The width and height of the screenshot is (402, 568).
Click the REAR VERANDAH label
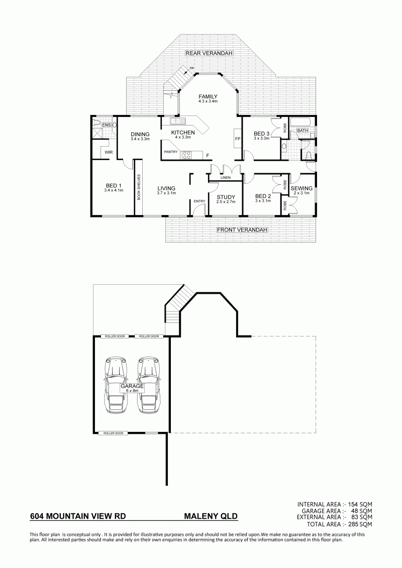click(x=209, y=53)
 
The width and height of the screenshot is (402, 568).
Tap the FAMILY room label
click(x=208, y=96)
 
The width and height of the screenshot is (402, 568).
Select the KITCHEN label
click(x=183, y=132)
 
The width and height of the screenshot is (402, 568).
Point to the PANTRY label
click(x=171, y=152)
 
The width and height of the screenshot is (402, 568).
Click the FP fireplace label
click(x=238, y=139)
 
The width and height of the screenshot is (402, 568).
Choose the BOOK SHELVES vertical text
click(x=139, y=187)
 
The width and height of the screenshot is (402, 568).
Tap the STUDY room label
click(x=226, y=197)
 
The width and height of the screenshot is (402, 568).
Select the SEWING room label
click(x=301, y=188)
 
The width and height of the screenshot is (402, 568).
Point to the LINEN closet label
click(x=226, y=177)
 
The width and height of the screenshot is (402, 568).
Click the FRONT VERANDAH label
click(x=242, y=230)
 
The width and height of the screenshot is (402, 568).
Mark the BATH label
click(x=303, y=131)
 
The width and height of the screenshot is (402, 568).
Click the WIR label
click(x=109, y=152)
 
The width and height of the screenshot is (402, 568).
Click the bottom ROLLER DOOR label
click(x=114, y=433)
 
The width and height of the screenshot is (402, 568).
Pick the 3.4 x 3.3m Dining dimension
click(x=140, y=139)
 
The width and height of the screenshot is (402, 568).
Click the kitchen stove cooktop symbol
click(x=187, y=155)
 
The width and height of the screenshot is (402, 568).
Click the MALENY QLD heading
click(x=212, y=516)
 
